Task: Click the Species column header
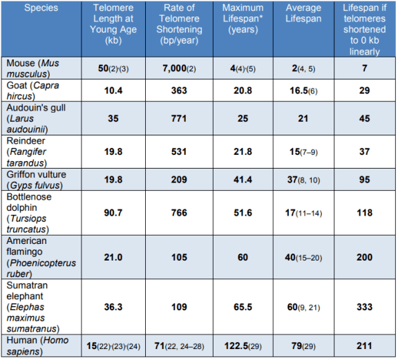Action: click(41, 8)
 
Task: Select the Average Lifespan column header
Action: click(303, 13)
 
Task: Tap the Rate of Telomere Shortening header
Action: click(179, 24)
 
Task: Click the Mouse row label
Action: click(32, 68)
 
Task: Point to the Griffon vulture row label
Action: click(37, 180)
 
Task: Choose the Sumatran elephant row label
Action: click(33, 307)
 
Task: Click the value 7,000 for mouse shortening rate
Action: click(175, 68)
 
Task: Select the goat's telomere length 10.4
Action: click(113, 91)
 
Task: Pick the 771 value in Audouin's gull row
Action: click(179, 119)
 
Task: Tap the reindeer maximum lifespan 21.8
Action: click(243, 152)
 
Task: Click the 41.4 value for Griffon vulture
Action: click(243, 180)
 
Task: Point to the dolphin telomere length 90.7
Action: click(113, 213)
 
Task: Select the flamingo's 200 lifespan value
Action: click(365, 258)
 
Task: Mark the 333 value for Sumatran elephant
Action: click(365, 307)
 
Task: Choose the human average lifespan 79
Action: click(296, 345)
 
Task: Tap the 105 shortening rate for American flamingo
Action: click(179, 258)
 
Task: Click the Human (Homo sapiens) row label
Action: click(37, 345)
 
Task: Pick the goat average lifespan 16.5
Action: click(298, 91)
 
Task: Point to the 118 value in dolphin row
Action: click(365, 213)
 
